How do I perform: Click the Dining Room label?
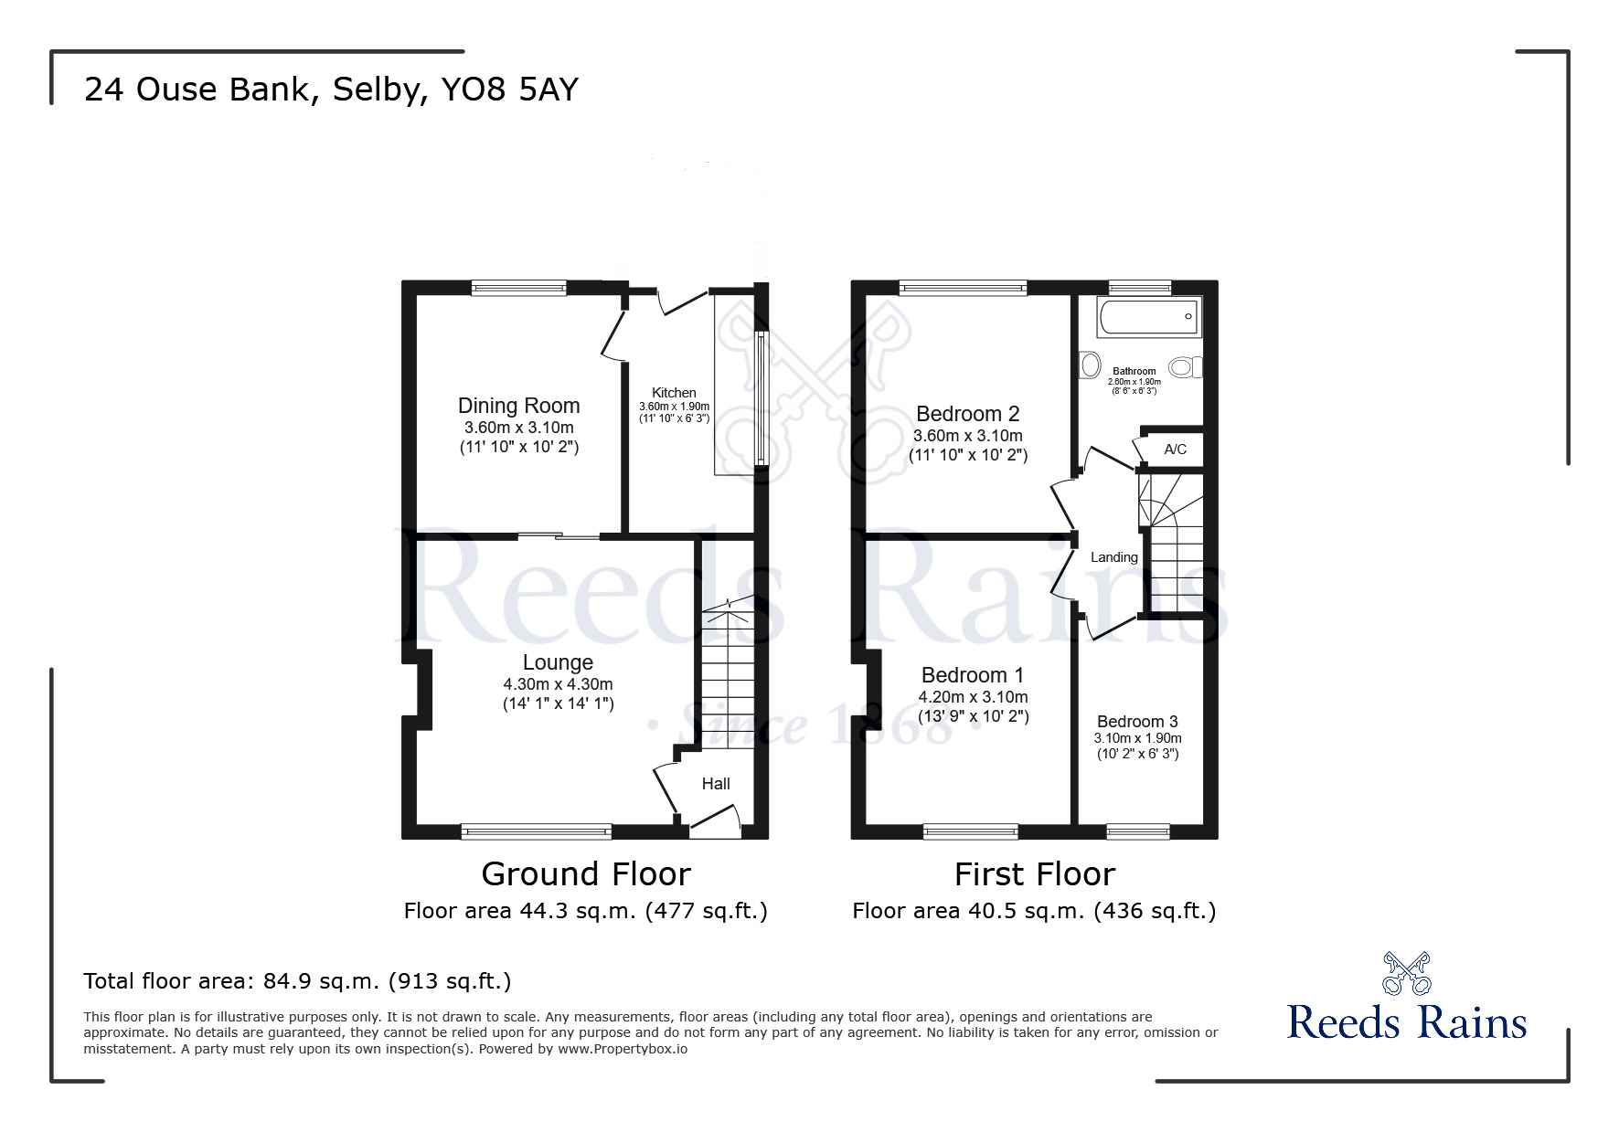pos(518,406)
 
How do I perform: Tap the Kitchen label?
pos(674,393)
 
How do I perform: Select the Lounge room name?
pos(558,662)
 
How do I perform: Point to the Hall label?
pos(716,784)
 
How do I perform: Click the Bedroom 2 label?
pos(967,414)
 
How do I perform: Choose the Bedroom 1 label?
pos(973,675)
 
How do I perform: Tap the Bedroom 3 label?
pos(1137,722)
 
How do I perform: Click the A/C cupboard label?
pos(1176,450)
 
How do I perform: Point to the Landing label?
pos(1114,557)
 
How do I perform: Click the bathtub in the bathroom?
pos(1149,317)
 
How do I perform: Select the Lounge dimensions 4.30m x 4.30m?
pos(558,684)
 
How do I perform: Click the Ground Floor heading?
pos(586,874)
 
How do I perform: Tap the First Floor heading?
pos(1035,874)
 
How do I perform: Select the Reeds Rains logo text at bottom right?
pos(1407,1022)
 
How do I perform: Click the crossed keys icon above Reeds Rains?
pos(1406,973)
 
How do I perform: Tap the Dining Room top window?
pos(519,289)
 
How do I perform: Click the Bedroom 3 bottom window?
pos(1138,831)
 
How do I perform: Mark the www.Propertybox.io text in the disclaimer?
pos(623,1050)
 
